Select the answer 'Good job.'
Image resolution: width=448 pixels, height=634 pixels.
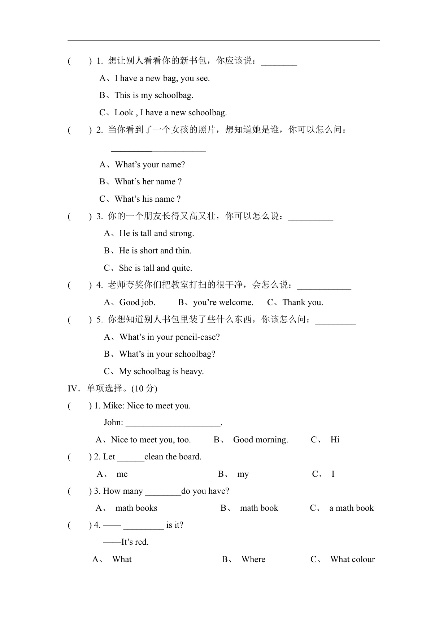coord(137,303)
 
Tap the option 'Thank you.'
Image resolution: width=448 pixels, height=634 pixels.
coord(303,303)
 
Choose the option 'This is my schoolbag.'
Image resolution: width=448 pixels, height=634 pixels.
coord(154,95)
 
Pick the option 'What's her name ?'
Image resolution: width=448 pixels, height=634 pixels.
coord(148,182)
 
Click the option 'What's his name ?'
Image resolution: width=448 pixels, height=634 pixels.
coord(148,199)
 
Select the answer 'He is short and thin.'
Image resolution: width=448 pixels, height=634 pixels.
coord(155,251)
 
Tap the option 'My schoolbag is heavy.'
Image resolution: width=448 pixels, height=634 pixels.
coord(161,372)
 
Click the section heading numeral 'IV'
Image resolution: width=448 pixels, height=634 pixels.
coord(73,389)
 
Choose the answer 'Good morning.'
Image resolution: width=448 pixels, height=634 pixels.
coord(260,440)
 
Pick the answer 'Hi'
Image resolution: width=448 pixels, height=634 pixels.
coord(335,440)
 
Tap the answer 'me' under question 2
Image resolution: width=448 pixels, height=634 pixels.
coord(122,474)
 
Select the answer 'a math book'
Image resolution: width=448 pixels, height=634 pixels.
coord(351,508)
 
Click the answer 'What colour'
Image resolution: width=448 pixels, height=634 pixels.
coord(352,560)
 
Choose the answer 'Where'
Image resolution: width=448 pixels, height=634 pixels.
coord(253,560)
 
